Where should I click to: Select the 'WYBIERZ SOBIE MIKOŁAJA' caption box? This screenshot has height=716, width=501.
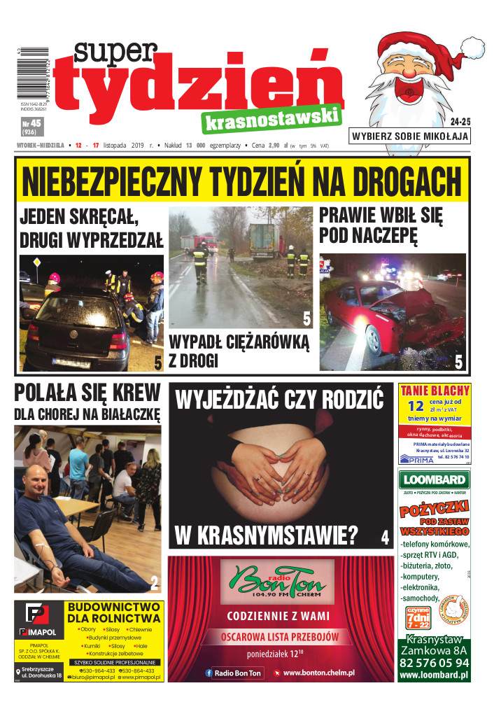point(409,136)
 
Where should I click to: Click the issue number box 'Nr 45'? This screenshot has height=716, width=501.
point(31,126)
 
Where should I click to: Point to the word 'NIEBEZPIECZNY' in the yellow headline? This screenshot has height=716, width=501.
point(124,183)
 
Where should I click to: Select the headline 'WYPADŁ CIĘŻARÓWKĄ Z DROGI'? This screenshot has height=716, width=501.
point(238,351)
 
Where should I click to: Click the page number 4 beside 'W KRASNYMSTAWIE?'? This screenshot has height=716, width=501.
point(384,538)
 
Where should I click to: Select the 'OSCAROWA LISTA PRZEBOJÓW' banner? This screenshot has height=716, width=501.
point(281,637)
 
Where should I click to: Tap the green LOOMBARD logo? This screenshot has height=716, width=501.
point(433,479)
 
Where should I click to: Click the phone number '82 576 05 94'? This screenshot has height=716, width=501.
point(434,662)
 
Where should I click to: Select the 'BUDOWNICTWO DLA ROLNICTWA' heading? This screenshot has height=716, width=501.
point(113,612)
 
